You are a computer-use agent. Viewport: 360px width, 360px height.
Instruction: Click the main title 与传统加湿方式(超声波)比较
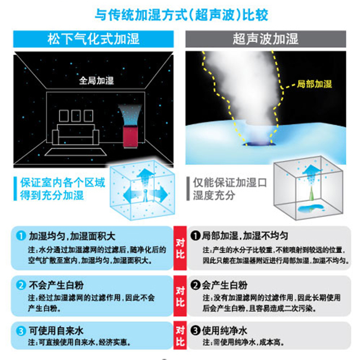181,15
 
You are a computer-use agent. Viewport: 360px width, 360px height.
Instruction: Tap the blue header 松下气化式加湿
94,39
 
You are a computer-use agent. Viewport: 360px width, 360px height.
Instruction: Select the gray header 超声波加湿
265,39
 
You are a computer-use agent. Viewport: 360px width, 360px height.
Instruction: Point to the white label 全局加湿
96,81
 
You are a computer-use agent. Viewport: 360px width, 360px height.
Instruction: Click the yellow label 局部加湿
314,84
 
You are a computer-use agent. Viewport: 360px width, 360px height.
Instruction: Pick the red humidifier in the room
130,137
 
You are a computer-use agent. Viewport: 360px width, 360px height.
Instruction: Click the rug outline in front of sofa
76,152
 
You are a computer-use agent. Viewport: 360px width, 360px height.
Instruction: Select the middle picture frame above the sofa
76,116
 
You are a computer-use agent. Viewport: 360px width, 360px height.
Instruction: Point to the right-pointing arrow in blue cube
160,194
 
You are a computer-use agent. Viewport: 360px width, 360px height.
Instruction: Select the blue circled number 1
21,236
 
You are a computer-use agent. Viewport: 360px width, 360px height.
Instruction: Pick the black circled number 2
195,285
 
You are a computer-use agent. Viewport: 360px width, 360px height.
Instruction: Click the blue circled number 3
21,331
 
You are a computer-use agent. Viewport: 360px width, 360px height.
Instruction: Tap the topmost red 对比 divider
180,248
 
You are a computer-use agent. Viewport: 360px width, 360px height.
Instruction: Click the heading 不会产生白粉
56,285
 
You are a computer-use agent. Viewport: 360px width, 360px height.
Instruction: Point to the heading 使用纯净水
224,331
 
